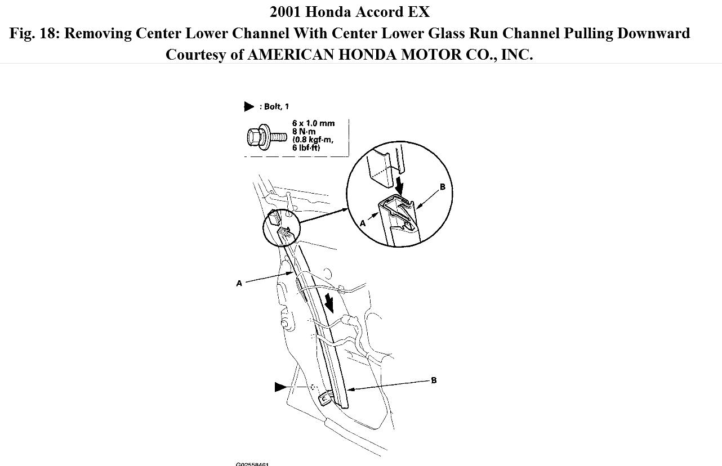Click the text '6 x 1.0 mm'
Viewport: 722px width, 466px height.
pyautogui.click(x=313, y=123)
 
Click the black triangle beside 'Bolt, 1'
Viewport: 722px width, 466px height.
pyautogui.click(x=249, y=106)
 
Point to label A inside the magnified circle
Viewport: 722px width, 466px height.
pyautogui.click(x=363, y=223)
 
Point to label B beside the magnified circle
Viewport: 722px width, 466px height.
pyautogui.click(x=442, y=187)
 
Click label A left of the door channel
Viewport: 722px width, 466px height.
pyautogui.click(x=239, y=283)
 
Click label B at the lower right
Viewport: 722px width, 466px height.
pyautogui.click(x=434, y=380)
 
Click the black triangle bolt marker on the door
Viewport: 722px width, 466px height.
pyautogui.click(x=280, y=387)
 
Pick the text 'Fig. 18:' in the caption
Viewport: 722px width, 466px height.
pyautogui.click(x=34, y=33)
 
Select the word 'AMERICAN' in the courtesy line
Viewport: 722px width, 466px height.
pyautogui.click(x=287, y=55)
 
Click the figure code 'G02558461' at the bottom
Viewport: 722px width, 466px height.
pyautogui.click(x=252, y=464)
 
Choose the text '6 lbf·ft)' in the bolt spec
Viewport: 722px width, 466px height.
pyautogui.click(x=306, y=148)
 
